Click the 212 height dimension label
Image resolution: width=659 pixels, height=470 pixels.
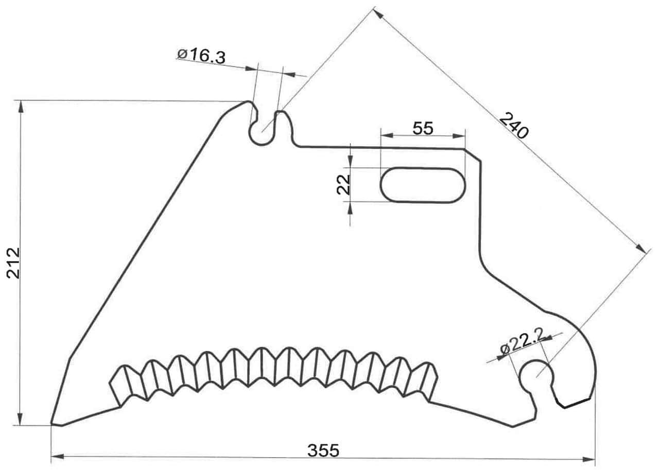pos(13,263)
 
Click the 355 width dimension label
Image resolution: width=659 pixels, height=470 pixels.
pos(323,450)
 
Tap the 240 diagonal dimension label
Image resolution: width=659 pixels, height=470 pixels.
pos(514,126)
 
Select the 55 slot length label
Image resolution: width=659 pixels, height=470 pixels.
pos(423,128)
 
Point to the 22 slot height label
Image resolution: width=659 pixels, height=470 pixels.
pos(343,185)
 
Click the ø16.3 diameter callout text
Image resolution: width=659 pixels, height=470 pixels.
pos(202,57)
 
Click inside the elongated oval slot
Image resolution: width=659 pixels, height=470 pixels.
pos(423,185)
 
